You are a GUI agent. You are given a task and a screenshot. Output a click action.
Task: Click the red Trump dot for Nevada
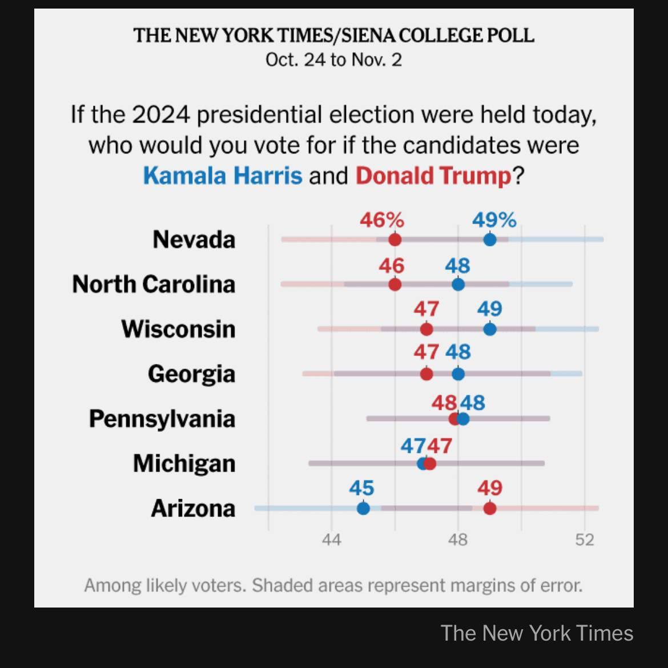[x=395, y=240]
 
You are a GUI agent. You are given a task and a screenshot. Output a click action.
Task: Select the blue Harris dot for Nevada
[x=489, y=240]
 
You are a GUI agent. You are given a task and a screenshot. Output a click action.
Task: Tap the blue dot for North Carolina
[x=458, y=284]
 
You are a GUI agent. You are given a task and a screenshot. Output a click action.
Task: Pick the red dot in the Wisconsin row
[x=426, y=329]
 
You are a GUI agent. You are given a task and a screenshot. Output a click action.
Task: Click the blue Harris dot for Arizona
[x=363, y=508]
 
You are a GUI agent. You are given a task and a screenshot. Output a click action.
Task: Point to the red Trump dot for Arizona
[x=489, y=508]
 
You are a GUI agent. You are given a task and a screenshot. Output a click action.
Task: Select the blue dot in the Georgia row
[x=458, y=374]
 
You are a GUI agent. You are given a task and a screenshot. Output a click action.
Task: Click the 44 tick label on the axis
[x=331, y=540]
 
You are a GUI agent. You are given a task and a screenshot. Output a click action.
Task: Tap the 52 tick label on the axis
[x=585, y=540]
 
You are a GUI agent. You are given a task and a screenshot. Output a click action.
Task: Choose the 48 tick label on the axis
[x=458, y=540]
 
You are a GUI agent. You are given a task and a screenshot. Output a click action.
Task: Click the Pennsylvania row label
[x=162, y=419]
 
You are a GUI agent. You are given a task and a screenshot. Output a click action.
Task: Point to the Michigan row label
[x=184, y=463]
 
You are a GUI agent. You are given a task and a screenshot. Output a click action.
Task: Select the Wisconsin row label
[x=178, y=329]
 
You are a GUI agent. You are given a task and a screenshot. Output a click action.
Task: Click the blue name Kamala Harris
[x=223, y=175]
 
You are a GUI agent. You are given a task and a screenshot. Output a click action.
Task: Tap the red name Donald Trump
[x=433, y=175]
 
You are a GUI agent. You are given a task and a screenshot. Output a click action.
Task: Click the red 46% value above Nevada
[x=381, y=220]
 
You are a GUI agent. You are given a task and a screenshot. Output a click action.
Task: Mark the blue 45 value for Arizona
[x=361, y=488]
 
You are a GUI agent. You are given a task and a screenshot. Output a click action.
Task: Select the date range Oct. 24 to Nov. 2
[x=333, y=60]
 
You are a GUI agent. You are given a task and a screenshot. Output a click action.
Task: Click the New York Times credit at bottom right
[x=537, y=633]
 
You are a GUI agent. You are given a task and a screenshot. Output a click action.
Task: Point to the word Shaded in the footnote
[x=279, y=585]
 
